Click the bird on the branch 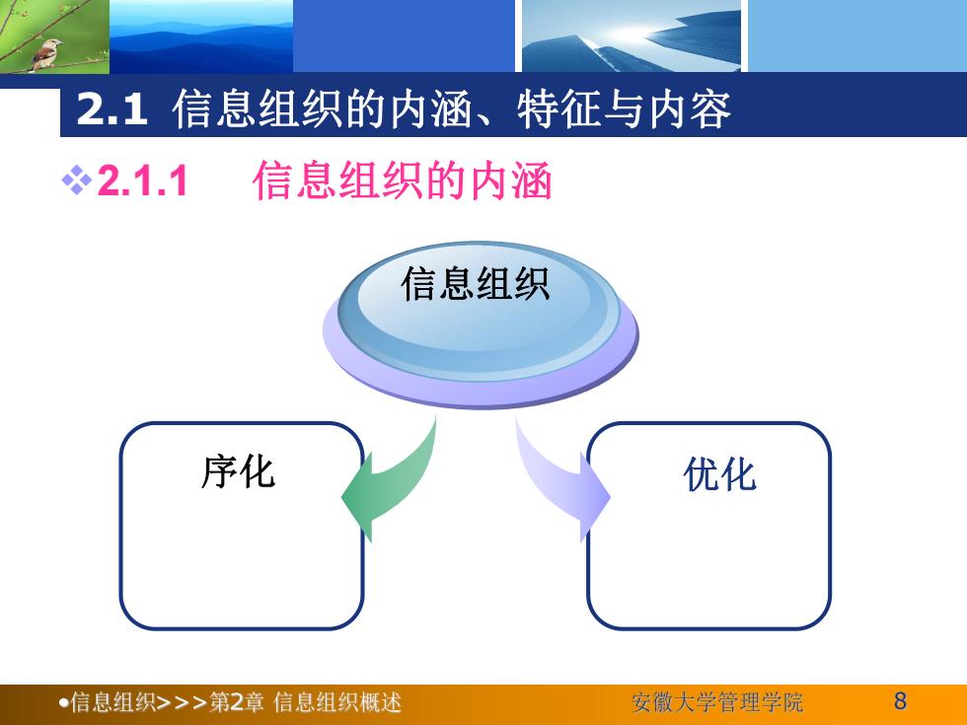[47, 53]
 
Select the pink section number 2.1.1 [142, 181]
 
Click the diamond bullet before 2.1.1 [77, 181]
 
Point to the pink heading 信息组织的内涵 [403, 181]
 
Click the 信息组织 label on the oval [475, 284]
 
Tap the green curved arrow [389, 477]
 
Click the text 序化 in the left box [238, 472]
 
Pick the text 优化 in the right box [719, 474]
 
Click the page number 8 [900, 701]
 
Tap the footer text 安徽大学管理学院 [717, 702]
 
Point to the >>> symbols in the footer [183, 702]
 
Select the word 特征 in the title [558, 109]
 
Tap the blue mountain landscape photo [201, 36]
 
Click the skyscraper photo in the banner [632, 36]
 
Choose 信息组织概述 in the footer [337, 702]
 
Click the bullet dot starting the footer [63, 702]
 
